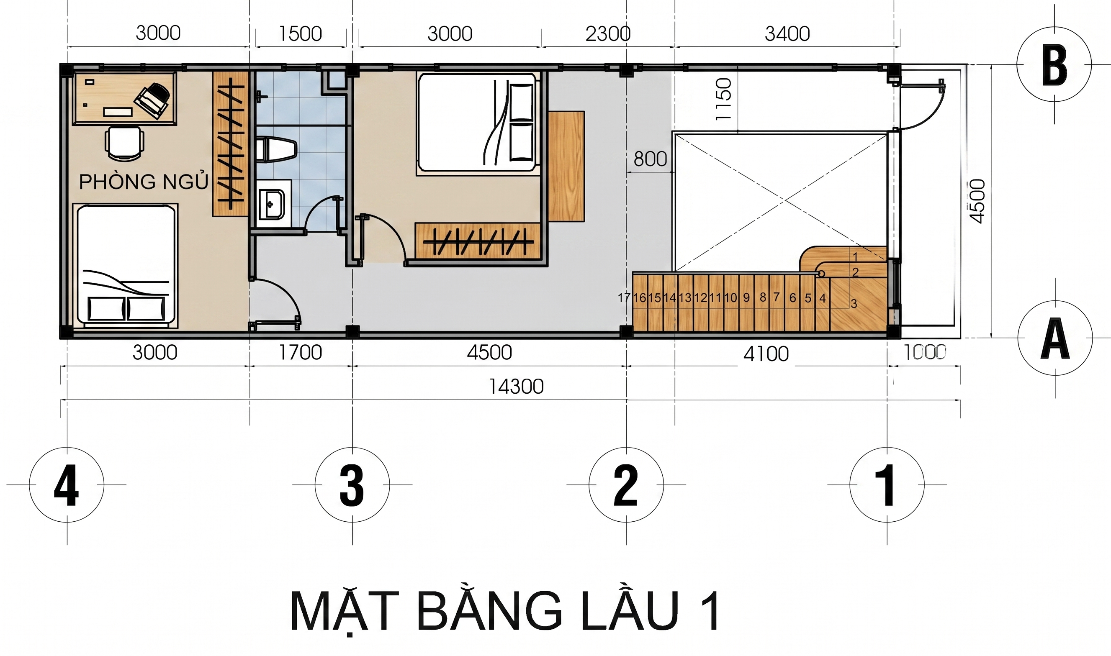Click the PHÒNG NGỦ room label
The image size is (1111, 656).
click(x=143, y=182)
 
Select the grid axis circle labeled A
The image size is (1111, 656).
click(x=1055, y=338)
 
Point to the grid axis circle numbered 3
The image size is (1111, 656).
click(x=352, y=484)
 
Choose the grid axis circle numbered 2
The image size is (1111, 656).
click(x=626, y=484)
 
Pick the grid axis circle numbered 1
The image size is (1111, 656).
click(x=887, y=484)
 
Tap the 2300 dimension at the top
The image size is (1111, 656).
click(x=608, y=33)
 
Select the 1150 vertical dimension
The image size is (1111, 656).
click(x=723, y=99)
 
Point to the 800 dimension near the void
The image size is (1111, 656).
click(x=650, y=159)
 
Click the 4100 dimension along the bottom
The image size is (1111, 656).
click(x=766, y=354)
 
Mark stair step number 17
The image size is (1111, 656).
click(x=624, y=298)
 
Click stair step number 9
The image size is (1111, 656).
click(x=746, y=298)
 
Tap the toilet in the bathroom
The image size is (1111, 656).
click(x=275, y=149)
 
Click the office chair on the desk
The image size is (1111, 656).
click(x=153, y=100)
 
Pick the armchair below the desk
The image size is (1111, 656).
click(x=124, y=143)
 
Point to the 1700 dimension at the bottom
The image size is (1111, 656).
click(x=300, y=353)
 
